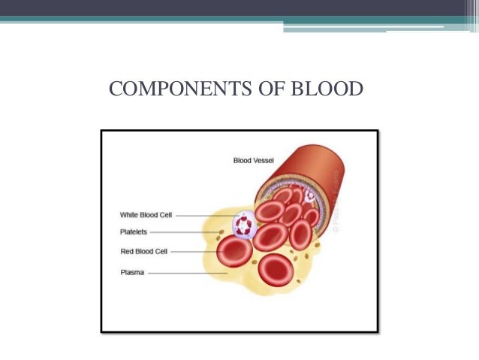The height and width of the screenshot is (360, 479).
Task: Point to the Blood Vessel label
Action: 258,160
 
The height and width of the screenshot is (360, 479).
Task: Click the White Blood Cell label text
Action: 146,215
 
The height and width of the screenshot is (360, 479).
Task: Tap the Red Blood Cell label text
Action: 143,251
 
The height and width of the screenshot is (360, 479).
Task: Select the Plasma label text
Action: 132,272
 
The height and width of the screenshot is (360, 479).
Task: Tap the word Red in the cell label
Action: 127,251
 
